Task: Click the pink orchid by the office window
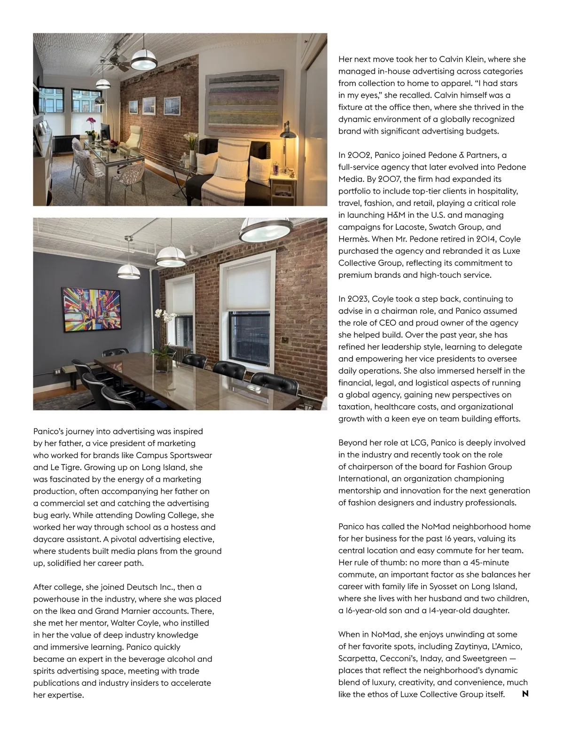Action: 90,123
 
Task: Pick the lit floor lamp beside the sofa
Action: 288,136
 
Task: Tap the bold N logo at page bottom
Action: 525,694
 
